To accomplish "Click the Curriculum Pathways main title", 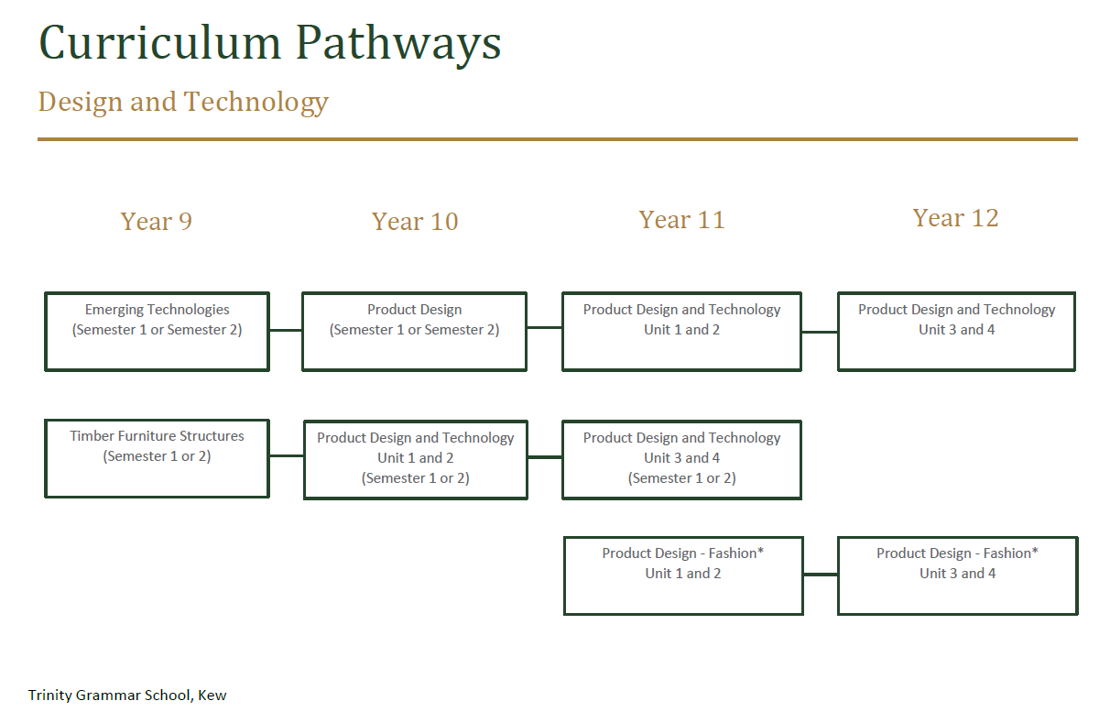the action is click(x=270, y=44).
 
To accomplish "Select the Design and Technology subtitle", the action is click(x=183, y=102).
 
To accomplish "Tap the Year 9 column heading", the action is click(x=156, y=221).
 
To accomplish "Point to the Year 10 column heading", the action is click(x=415, y=221).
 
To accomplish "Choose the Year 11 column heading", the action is click(x=682, y=220).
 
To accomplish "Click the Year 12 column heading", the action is click(x=955, y=218).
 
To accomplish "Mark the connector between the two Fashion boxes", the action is click(x=821, y=575).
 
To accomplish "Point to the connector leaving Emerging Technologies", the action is click(x=286, y=330).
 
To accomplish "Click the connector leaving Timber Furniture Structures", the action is click(x=287, y=455).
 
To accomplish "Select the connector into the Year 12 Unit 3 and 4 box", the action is click(x=820, y=332).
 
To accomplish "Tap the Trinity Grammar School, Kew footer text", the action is click(x=127, y=696).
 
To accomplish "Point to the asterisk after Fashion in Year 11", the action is click(x=760, y=551).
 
